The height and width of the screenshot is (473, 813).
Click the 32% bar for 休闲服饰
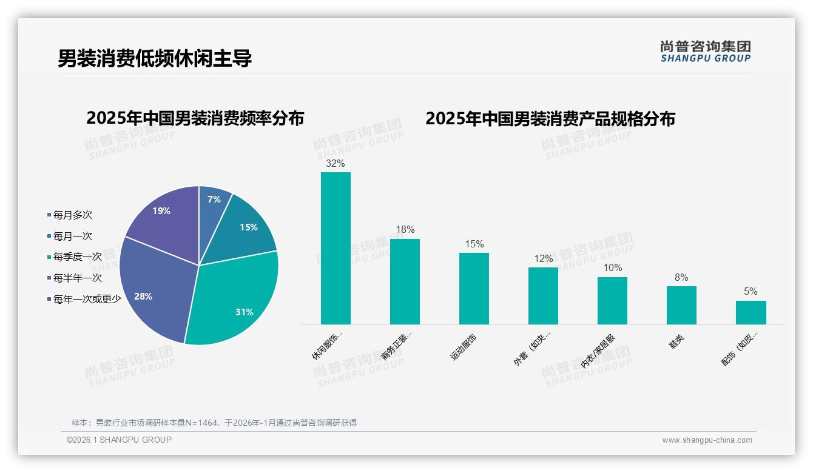tap(336, 248)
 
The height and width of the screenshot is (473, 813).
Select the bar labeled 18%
tap(405, 281)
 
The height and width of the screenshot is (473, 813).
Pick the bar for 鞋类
tap(681, 305)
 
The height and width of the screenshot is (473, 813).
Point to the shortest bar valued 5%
tap(751, 312)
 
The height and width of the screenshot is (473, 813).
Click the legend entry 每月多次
tap(72, 215)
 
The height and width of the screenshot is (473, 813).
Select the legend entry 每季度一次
tap(77, 257)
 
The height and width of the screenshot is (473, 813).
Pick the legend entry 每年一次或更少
tap(87, 299)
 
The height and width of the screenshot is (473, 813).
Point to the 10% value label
tap(612, 268)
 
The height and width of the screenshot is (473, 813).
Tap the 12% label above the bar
tap(543, 258)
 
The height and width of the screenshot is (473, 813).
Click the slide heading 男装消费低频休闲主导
tap(155, 59)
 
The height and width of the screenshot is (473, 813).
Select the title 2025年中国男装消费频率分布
tap(195, 118)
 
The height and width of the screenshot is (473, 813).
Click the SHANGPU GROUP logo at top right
tap(706, 52)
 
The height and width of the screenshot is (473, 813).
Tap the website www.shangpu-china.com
tap(707, 440)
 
